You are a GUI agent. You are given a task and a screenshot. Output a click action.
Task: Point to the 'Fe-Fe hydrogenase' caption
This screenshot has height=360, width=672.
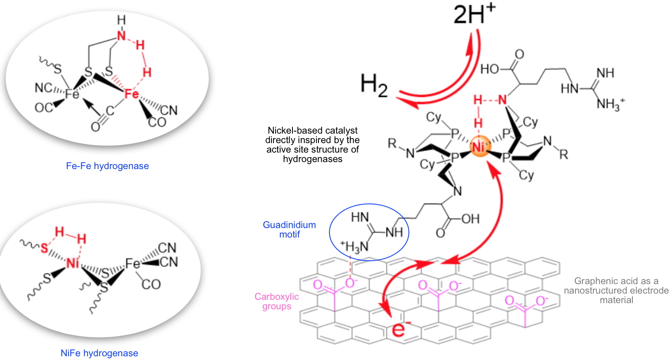(x=107, y=166)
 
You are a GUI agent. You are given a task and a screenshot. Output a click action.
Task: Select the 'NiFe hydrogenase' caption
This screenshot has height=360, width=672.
(x=99, y=353)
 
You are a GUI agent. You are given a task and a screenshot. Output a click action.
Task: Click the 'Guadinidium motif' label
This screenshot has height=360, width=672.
(x=289, y=230)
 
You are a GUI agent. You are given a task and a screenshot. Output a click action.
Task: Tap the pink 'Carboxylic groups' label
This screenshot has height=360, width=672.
(x=276, y=301)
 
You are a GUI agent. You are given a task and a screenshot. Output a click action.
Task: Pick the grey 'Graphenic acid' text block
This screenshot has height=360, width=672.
(x=616, y=290)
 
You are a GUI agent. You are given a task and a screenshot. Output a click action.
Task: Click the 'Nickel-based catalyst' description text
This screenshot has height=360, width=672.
(x=312, y=145)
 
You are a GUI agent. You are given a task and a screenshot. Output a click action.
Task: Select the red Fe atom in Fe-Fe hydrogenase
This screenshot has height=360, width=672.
(x=132, y=94)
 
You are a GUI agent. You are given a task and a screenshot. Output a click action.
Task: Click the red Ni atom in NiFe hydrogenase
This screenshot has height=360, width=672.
(x=73, y=263)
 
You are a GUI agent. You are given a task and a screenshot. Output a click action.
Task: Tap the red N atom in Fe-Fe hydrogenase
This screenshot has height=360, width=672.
(x=121, y=35)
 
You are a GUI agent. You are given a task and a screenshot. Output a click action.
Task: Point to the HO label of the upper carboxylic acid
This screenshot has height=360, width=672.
(x=490, y=69)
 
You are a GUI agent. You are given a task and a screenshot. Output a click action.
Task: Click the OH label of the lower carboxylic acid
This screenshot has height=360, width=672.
(x=470, y=219)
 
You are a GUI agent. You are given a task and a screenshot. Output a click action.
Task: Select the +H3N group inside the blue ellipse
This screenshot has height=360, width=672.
(x=354, y=247)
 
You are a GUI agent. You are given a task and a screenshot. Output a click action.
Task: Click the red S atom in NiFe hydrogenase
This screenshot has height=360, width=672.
(x=44, y=248)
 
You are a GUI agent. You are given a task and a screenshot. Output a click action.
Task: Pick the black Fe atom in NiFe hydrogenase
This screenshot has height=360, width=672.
(x=132, y=263)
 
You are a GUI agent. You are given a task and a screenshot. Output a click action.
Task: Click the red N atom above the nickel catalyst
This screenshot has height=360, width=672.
(x=502, y=100)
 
